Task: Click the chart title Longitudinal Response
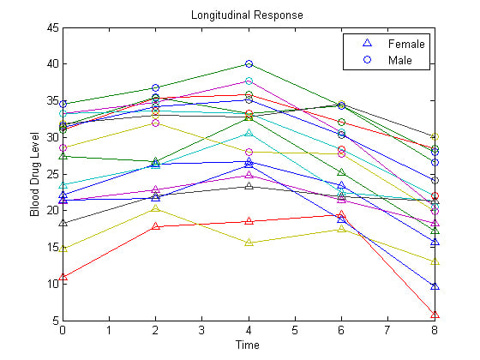248,15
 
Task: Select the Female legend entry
405,43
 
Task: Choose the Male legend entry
399,60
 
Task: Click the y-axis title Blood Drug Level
35,174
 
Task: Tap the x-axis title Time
249,344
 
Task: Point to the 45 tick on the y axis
53,27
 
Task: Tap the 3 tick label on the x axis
202,330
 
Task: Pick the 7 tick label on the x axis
388,330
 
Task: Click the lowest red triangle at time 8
435,315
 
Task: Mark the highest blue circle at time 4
249,64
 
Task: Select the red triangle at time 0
63,277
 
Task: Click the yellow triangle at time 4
249,243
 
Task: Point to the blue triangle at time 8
435,285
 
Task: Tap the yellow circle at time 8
435,137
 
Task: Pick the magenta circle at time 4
249,81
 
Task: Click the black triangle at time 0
63,223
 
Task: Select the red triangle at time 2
155,226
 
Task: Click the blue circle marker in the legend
367,60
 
